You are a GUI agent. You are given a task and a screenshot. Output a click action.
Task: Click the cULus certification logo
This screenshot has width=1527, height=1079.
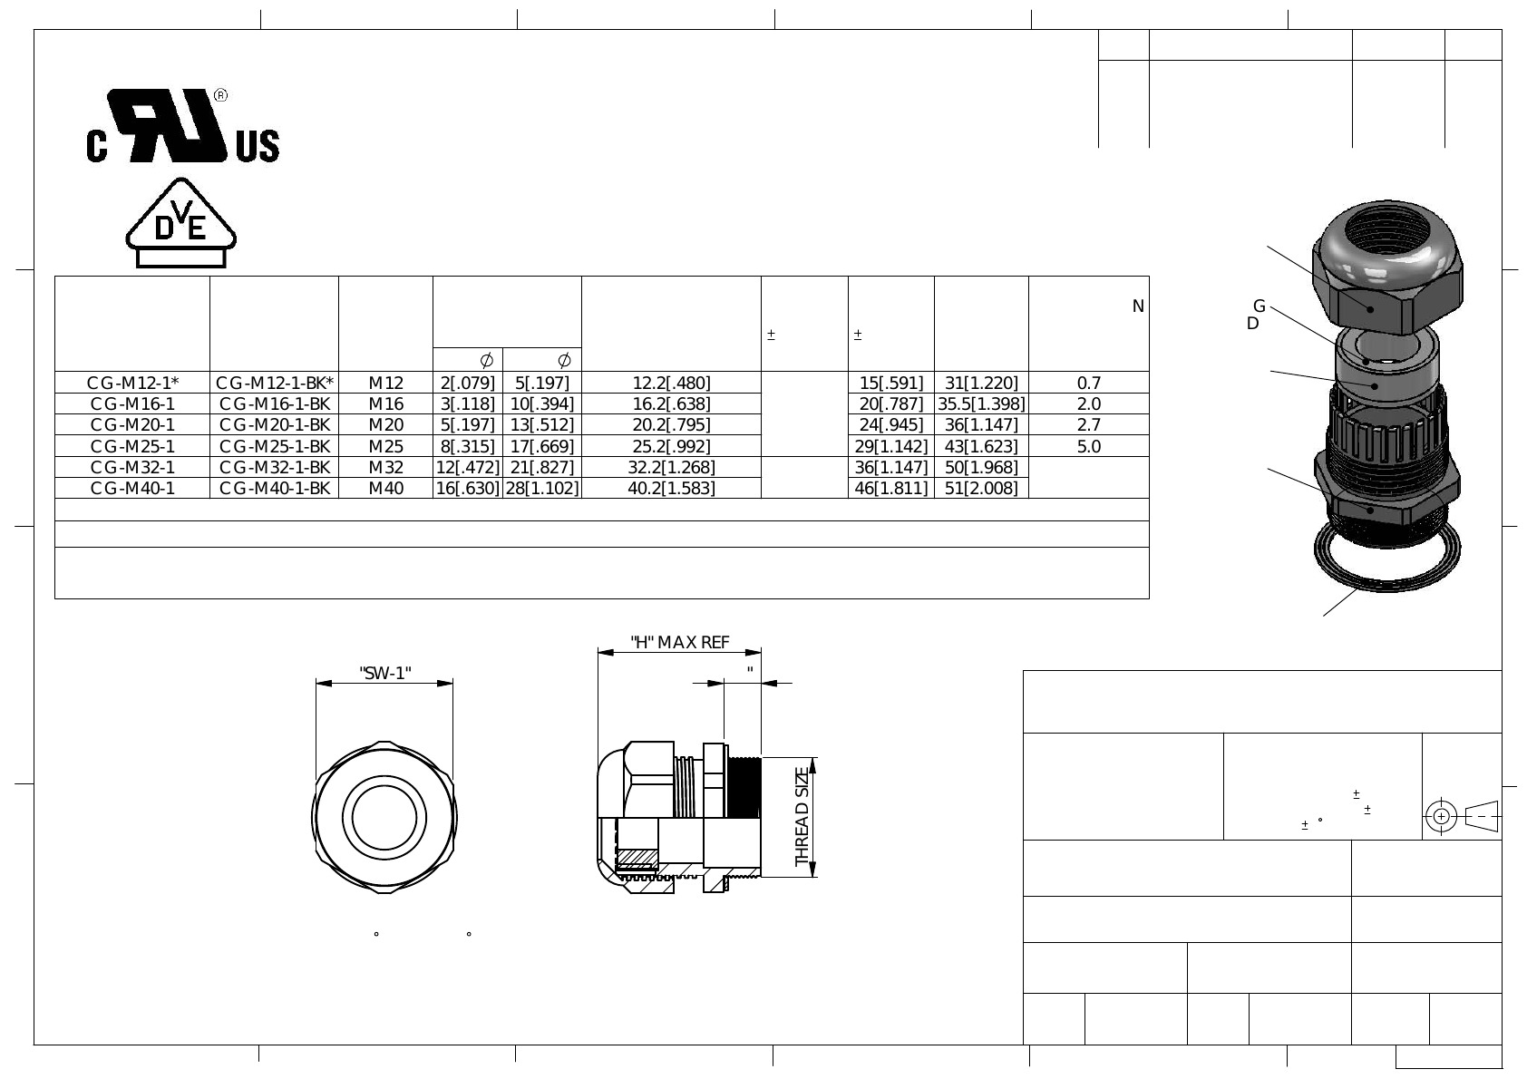point(182,126)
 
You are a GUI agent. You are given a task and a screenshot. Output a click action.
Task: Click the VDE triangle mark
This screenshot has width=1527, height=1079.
point(180,223)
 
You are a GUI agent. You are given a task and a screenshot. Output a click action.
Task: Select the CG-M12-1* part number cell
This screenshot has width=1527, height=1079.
point(133,383)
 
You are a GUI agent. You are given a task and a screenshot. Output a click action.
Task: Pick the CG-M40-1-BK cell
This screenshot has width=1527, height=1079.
point(275,488)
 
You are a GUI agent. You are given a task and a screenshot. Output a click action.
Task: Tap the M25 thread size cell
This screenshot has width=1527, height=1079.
point(386,446)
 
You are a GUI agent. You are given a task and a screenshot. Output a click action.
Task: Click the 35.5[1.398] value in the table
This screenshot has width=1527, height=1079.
point(981,404)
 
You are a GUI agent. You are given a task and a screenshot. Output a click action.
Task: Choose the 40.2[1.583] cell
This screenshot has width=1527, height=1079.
point(672,488)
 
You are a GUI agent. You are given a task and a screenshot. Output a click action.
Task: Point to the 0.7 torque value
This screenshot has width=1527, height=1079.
point(1089,383)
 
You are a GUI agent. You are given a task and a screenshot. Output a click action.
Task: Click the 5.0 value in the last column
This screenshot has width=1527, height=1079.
point(1089,446)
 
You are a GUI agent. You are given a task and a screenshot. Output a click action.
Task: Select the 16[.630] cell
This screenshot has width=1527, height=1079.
point(468,488)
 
